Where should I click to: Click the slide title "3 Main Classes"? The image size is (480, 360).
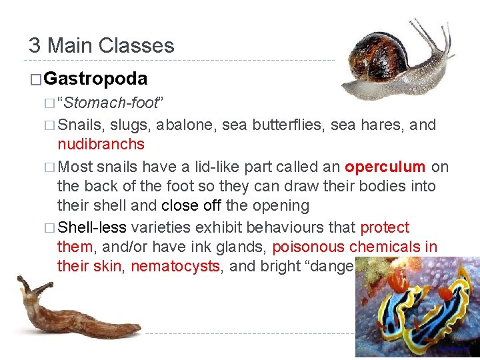coord(101,45)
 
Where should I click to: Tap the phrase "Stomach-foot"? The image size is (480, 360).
coord(110,103)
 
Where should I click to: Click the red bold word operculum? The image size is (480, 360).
coord(385,166)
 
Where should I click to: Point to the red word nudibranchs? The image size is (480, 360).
coord(101,144)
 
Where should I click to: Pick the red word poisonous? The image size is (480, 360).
coord(308,247)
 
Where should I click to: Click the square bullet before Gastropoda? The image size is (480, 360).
coord(35,79)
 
